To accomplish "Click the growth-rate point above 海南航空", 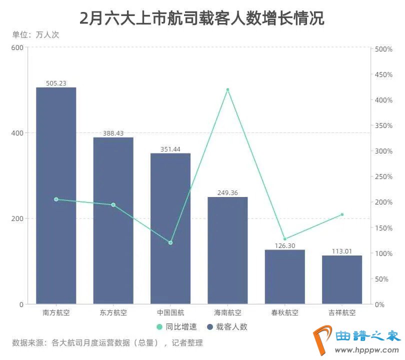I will tap(227, 90).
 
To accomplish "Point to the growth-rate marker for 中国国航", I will tap(170, 242).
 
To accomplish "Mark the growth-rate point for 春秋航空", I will tap(284, 239).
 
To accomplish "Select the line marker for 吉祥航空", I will tap(342, 214).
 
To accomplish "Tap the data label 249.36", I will tap(227, 192).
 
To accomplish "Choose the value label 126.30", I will tap(284, 245).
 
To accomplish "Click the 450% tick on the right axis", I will tap(383, 74).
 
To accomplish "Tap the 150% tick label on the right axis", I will tap(383, 228).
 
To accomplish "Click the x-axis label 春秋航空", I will tap(284, 313).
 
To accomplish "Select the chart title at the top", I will tap(202, 18).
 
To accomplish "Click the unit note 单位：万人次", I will tap(35, 35).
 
